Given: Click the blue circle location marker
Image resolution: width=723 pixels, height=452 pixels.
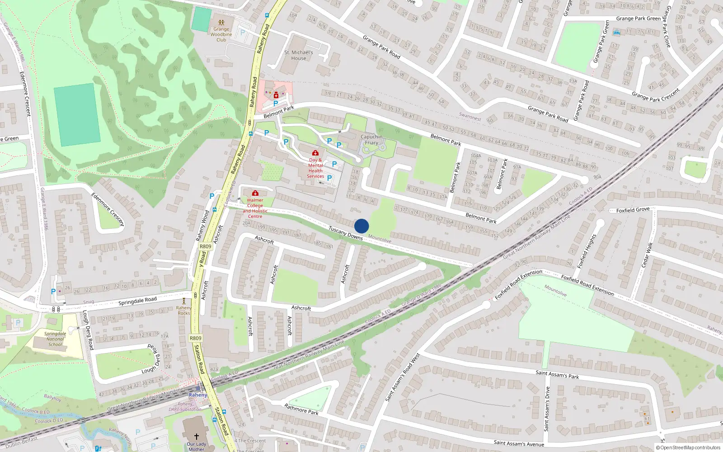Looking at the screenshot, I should click(361, 226).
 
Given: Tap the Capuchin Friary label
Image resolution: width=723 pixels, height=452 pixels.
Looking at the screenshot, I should click(371, 140).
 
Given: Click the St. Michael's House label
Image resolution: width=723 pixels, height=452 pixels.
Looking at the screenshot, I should click(299, 55).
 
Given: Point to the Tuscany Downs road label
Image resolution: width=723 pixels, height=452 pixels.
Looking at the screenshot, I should click(346, 233).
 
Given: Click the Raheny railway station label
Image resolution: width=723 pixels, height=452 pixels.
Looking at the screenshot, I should click(197, 395).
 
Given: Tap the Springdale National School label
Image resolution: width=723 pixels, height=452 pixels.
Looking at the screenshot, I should click(55, 339).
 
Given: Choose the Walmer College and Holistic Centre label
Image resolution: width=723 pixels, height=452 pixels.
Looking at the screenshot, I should click(255, 208).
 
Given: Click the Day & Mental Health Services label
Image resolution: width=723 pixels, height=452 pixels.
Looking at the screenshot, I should click(315, 168).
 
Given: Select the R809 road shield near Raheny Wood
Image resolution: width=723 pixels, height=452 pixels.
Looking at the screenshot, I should click(205, 246).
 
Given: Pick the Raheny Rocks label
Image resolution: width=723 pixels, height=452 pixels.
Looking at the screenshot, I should click(184, 310).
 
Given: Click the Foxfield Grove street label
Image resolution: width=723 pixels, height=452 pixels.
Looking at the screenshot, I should click(633, 210).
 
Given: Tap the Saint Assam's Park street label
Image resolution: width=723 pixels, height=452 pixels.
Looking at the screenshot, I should click(557, 374).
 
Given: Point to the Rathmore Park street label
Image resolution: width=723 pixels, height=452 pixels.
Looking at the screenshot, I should click(301, 409).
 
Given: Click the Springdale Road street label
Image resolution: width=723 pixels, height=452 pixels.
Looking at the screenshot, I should click(137, 301).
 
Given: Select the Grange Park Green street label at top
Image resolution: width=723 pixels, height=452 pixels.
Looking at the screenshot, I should click(638, 19).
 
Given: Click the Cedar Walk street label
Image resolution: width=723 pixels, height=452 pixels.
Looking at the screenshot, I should click(648, 254).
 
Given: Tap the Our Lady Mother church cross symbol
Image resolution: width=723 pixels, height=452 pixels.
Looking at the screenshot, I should click(196, 436).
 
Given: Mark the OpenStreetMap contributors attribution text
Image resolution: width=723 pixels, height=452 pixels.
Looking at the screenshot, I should click(688, 447).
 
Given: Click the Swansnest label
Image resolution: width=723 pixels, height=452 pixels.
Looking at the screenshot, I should click(470, 117).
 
